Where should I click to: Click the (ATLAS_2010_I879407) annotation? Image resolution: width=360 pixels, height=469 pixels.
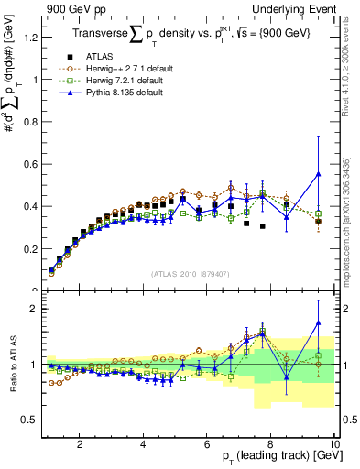click(191, 273)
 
